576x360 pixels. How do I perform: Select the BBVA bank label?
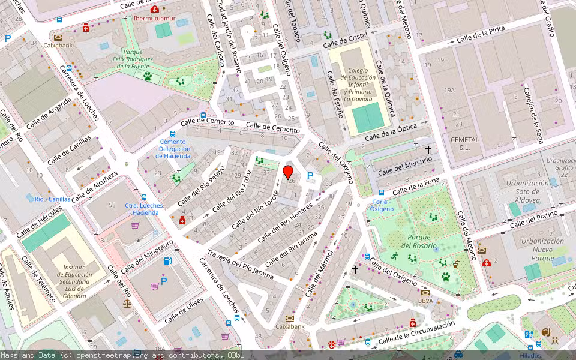pyautogui.click(x=425, y=301)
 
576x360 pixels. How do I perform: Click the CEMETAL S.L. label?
pyautogui.click(x=464, y=143)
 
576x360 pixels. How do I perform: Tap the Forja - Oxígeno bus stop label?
pyautogui.click(x=382, y=205)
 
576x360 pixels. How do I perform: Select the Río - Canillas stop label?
pyautogui.click(x=52, y=199)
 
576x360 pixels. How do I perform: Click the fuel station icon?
pyautogui.click(x=168, y=261)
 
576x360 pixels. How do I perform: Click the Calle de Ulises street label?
pyautogui.click(x=183, y=313)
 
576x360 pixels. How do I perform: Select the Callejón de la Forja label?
pyautogui.click(x=533, y=116)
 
